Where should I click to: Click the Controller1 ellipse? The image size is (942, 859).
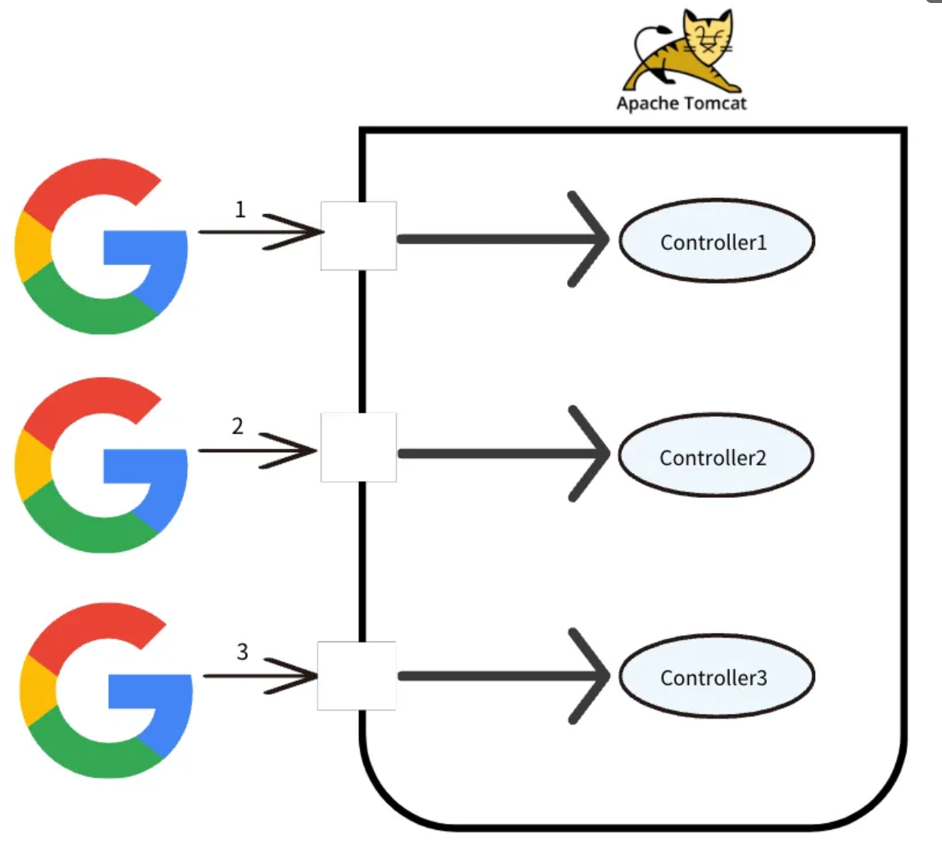click(x=716, y=241)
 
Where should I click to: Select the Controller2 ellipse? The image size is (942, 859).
click(x=715, y=456)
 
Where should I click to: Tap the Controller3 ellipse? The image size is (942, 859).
click(x=716, y=677)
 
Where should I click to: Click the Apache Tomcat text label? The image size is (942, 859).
click(x=681, y=104)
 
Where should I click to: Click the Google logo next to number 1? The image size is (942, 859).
click(x=101, y=246)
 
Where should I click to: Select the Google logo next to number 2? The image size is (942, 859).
click(x=101, y=466)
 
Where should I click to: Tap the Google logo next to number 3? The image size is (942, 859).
click(x=106, y=690)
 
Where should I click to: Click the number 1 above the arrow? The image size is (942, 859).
click(x=240, y=209)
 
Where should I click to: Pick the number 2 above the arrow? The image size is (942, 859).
click(x=237, y=426)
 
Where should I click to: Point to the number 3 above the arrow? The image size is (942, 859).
click(x=242, y=652)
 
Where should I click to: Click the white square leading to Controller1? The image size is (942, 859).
click(x=358, y=236)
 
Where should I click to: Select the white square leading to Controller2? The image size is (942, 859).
click(x=358, y=448)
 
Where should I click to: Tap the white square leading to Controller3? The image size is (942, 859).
click(x=356, y=676)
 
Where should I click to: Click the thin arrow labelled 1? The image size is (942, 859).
click(x=259, y=232)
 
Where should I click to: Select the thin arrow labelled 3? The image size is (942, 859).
click(x=260, y=677)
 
